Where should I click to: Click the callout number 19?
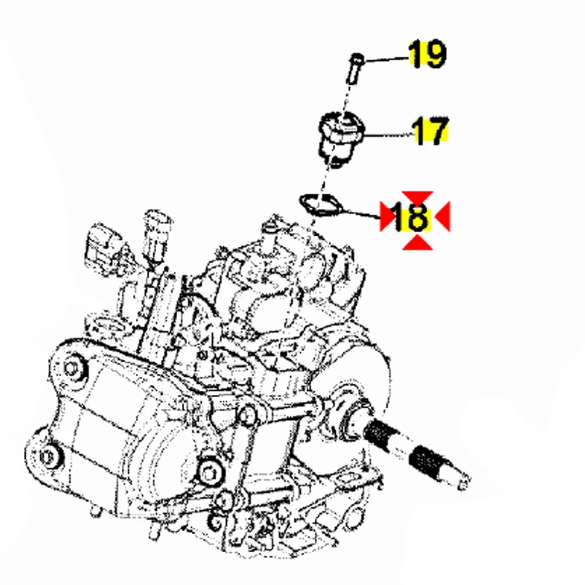[x=427, y=54]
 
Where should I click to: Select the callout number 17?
[x=430, y=130]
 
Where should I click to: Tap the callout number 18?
[x=411, y=216]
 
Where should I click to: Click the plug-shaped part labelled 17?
[x=340, y=139]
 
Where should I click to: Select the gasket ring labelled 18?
[x=320, y=205]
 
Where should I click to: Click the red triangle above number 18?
[x=418, y=198]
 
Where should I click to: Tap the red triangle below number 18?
[x=418, y=243]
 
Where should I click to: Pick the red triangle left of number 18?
[x=386, y=216]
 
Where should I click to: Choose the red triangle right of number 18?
[x=444, y=216]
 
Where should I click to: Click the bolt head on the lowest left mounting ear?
[x=47, y=456]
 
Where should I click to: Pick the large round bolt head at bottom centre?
[x=210, y=473]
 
